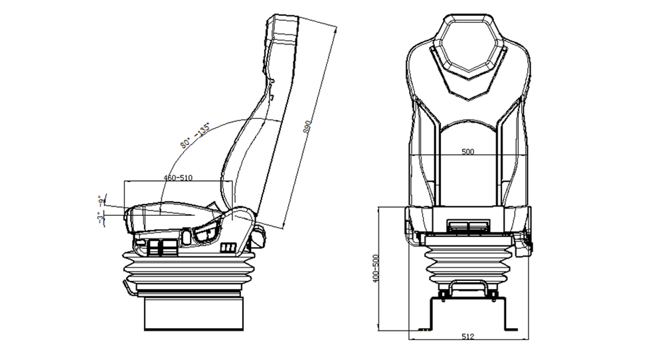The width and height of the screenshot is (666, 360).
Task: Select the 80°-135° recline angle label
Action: pyautogui.click(x=194, y=135)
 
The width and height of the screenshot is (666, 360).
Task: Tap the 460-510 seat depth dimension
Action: pyautogui.click(x=178, y=178)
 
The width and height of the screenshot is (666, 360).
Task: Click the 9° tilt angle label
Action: pyautogui.click(x=101, y=199)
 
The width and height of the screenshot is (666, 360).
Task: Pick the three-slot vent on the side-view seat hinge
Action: pyautogui.click(x=227, y=248)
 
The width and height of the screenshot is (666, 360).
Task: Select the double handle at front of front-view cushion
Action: pyautogui.click(x=467, y=227)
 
